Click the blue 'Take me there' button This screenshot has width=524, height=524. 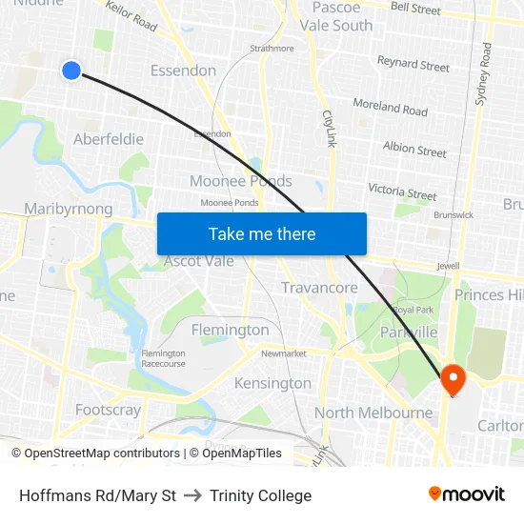click(262, 233)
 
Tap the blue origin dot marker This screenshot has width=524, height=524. click(71, 70)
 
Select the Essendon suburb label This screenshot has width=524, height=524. click(183, 71)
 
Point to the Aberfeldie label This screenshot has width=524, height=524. click(109, 139)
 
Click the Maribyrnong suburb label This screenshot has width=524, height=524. click(68, 209)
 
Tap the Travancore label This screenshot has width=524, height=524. click(319, 288)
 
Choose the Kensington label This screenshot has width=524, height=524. click(272, 383)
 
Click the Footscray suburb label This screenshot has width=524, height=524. click(108, 411)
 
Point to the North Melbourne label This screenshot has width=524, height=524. click(373, 413)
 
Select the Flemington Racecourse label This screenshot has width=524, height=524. click(163, 358)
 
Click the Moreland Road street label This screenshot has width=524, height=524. click(390, 107)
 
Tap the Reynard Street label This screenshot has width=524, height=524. click(413, 64)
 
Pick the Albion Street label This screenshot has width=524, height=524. click(414, 150)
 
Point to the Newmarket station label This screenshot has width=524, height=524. click(284, 353)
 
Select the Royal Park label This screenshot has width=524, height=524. click(413, 311)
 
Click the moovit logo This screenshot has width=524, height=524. click(467, 494)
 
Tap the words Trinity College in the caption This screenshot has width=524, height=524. click(260, 495)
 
